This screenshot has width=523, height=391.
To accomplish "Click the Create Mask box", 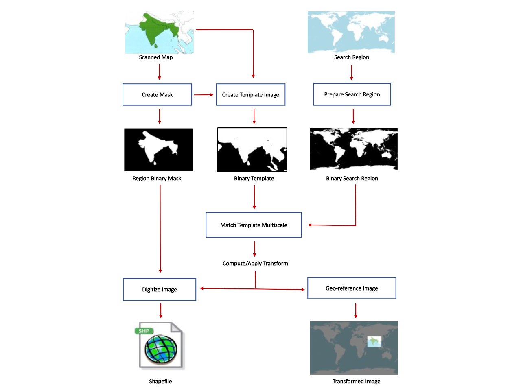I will (x=157, y=95).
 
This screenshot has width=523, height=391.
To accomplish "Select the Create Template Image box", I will (x=250, y=95).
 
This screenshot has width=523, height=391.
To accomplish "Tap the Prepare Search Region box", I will (x=352, y=94).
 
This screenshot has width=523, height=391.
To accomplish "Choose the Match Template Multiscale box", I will (x=254, y=225).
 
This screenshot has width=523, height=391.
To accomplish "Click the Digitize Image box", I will (x=159, y=289).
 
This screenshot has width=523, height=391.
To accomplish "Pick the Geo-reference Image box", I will (x=352, y=288).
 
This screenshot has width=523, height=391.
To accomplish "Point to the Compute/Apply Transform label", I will (x=255, y=263).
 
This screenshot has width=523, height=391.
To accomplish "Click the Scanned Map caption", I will (x=155, y=57).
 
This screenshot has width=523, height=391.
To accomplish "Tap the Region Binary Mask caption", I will (x=157, y=178).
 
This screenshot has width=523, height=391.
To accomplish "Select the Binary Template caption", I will (x=254, y=178).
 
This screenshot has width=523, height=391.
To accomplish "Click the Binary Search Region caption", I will (x=352, y=178).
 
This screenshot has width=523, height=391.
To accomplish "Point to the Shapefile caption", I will (x=160, y=381).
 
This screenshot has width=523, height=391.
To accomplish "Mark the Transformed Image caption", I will (x=356, y=381).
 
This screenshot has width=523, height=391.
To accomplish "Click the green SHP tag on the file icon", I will (x=144, y=331).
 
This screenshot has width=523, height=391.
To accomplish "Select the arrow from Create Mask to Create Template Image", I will (x=204, y=95).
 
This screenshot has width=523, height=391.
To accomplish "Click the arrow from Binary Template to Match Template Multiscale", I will (x=254, y=197).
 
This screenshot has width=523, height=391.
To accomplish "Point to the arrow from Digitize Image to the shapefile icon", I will (x=161, y=310).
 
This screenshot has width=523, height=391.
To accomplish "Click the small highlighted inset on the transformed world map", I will (x=374, y=341).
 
